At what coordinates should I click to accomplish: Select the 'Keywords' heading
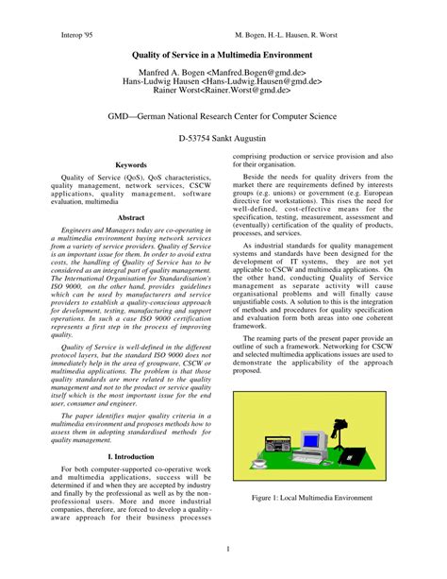click(x=130, y=165)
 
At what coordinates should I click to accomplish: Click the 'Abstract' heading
click(x=130, y=216)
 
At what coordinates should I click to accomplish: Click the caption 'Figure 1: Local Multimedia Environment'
click(x=315, y=495)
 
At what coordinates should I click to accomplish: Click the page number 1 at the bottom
click(x=223, y=551)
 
